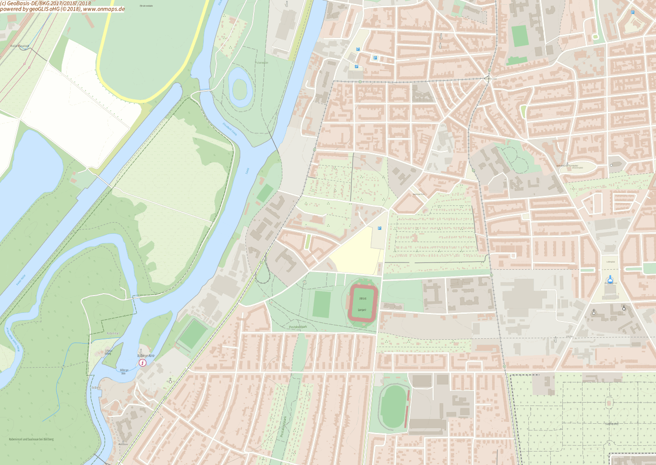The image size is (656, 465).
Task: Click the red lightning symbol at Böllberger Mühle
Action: point(143,363)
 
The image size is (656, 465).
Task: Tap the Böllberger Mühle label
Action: point(146,356)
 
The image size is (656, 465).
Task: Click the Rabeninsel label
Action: point(113,333)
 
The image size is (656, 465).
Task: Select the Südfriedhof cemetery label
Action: point(611,424)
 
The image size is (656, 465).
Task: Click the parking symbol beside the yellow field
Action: point(379,228)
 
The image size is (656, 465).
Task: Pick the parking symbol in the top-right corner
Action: point(632,12)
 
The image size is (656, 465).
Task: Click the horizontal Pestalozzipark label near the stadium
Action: point(298,327)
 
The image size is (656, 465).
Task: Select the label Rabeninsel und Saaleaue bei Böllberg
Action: point(31,439)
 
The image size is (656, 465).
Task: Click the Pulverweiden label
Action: point(262,62)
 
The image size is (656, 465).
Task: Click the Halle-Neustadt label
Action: point(20,46)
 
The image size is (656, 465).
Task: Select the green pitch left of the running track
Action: point(322,304)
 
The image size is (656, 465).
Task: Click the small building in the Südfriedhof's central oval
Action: point(609,402)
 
